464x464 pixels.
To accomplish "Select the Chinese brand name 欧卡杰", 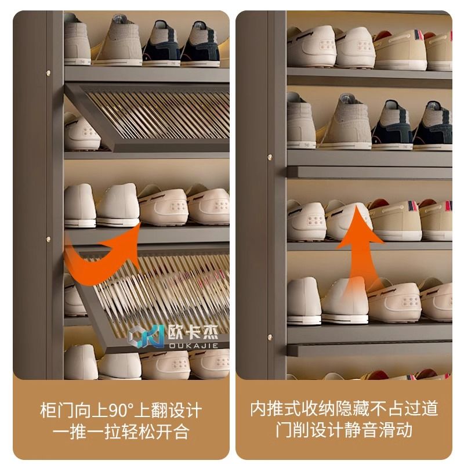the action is pyautogui.click(x=193, y=332).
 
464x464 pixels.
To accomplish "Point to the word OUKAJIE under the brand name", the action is pyautogui.click(x=194, y=345).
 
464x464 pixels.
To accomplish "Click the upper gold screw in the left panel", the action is pyautogui.click(x=48, y=72).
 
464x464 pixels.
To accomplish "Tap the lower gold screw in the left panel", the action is pyautogui.click(x=48, y=238).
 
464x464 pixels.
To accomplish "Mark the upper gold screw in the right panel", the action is pyautogui.click(x=270, y=157).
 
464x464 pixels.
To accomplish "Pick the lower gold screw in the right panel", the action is pyautogui.click(x=270, y=337).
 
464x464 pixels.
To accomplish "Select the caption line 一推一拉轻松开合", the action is pyautogui.click(x=121, y=432).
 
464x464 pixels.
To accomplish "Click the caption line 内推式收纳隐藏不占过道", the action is pyautogui.click(x=344, y=409).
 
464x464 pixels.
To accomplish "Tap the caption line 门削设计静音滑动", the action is pyautogui.click(x=344, y=430).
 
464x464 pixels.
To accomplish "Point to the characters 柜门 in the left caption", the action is pyautogui.click(x=57, y=411).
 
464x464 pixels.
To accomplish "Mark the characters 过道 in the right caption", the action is pyautogui.click(x=421, y=409).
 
